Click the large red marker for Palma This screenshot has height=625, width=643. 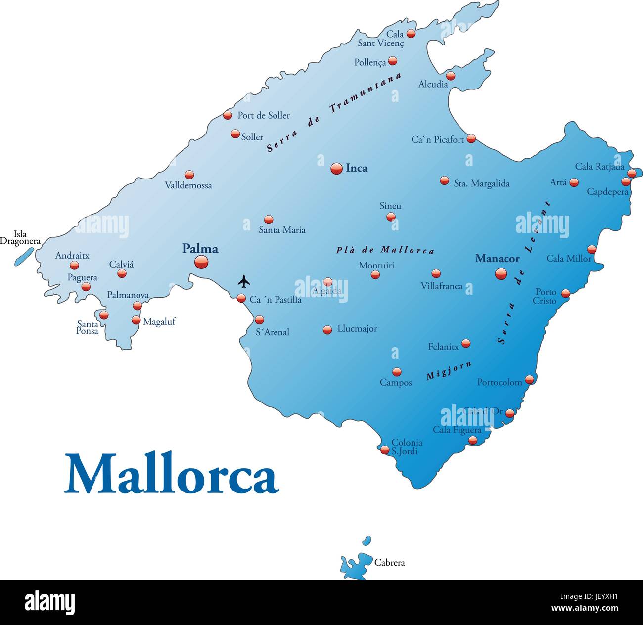[201, 262]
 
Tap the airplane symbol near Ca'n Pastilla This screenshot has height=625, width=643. [244, 282]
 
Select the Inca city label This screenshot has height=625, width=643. [356, 168]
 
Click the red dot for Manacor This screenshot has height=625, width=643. [501, 273]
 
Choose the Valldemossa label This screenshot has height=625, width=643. [188, 185]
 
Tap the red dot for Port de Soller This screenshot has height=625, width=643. [228, 115]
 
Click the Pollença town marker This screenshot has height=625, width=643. [393, 61]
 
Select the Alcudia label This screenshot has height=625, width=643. [433, 84]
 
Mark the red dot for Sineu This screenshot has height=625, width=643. [391, 217]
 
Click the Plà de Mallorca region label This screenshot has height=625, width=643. [385, 250]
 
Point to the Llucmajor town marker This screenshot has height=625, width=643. [327, 330]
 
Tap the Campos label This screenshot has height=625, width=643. [396, 383]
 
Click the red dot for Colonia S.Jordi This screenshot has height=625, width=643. [385, 450]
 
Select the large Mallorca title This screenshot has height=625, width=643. [172, 473]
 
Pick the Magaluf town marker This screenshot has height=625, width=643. [136, 320]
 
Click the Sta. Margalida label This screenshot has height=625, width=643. [481, 183]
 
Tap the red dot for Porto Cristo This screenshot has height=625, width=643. [565, 293]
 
